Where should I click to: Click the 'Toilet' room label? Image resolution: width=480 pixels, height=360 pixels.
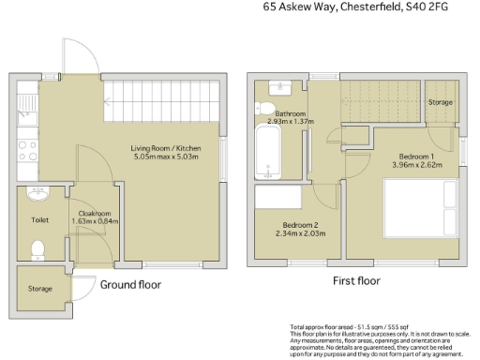pos(39,221)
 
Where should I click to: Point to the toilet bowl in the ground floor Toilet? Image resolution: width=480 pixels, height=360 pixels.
pos(38,248)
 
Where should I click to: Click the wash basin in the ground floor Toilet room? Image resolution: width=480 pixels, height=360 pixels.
pos(38,197)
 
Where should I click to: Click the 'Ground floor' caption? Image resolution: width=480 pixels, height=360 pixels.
pos(130,284)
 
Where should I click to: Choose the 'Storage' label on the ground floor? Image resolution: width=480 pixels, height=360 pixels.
pos(39,289)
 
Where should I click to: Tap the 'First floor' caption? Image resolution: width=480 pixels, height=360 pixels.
pos(355,280)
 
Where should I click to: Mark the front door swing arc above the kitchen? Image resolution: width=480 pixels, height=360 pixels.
pos(77,56)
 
